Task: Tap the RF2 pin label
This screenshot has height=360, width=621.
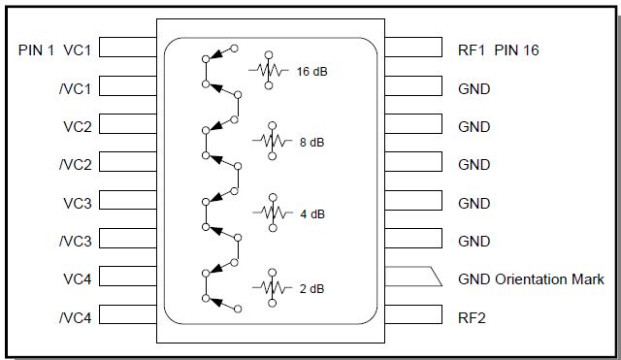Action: click(x=474, y=316)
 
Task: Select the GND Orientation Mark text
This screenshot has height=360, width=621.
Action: click(x=531, y=279)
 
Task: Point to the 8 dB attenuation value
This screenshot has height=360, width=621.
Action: click(x=311, y=142)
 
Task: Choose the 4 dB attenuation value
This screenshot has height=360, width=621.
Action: click(x=311, y=213)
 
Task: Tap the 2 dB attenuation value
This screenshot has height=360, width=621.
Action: click(x=311, y=288)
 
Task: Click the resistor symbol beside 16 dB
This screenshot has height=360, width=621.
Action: click(x=273, y=69)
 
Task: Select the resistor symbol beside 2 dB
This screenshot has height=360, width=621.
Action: click(x=273, y=286)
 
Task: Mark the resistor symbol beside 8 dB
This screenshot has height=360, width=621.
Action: click(x=273, y=140)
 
